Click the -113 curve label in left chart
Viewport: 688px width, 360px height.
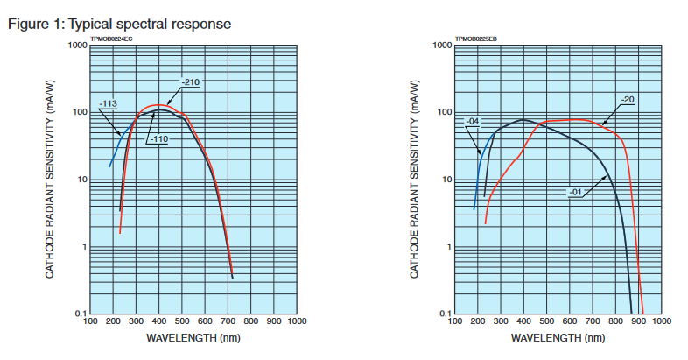(109, 104)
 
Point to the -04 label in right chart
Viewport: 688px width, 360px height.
(473, 120)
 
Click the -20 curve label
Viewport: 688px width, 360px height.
(628, 99)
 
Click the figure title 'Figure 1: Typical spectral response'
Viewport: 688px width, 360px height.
(119, 24)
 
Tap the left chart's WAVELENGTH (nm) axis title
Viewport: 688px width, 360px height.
(193, 336)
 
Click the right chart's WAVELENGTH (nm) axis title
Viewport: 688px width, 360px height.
(558, 336)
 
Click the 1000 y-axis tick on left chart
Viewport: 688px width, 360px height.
(76, 46)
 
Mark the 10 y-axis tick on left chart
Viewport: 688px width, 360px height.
(81, 180)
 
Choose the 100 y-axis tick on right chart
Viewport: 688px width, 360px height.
(443, 113)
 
